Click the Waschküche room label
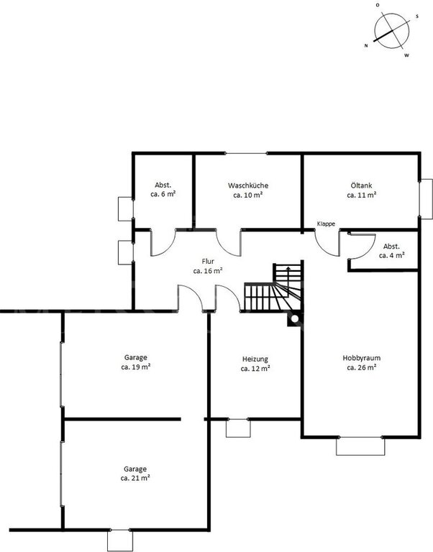(247, 185)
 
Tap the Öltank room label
(361, 185)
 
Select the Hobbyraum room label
(362, 358)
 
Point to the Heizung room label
(255, 359)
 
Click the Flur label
(208, 262)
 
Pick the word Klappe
(326, 224)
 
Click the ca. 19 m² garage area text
(136, 367)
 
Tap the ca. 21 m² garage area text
(135, 479)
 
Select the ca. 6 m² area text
(163, 194)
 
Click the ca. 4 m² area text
(391, 256)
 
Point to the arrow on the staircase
(288, 274)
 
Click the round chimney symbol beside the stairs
(294, 319)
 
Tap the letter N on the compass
(366, 46)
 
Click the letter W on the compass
(406, 55)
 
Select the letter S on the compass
(417, 17)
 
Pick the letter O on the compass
(378, 5)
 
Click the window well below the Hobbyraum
(360, 446)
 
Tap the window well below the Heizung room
(238, 428)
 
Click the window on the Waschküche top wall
(246, 153)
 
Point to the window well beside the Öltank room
(427, 199)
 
